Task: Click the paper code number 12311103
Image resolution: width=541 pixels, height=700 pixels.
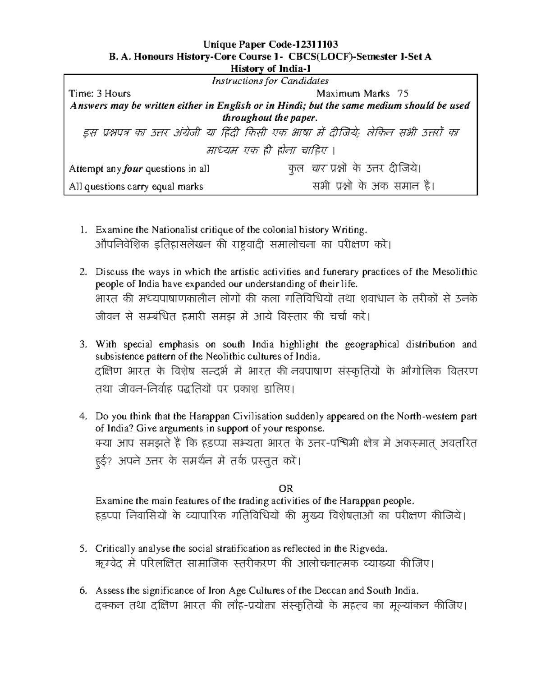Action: coord(316,44)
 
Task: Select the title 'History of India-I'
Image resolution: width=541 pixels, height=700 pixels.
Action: coord(270,69)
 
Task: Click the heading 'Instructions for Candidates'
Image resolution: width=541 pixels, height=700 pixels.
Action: coord(270,81)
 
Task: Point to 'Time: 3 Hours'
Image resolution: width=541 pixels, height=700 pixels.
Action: coord(99,93)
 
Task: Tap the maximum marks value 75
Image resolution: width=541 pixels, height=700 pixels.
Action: coord(403,93)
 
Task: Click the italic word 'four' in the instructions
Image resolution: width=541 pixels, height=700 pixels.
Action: coord(133,169)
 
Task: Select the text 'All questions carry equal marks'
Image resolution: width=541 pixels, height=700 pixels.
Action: coord(136,186)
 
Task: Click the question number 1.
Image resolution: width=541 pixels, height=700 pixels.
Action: coord(83,230)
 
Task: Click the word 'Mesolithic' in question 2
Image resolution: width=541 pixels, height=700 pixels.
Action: coord(454,272)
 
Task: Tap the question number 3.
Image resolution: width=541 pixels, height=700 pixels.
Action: coord(83,344)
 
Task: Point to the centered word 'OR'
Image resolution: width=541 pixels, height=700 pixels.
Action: coord(286,489)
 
